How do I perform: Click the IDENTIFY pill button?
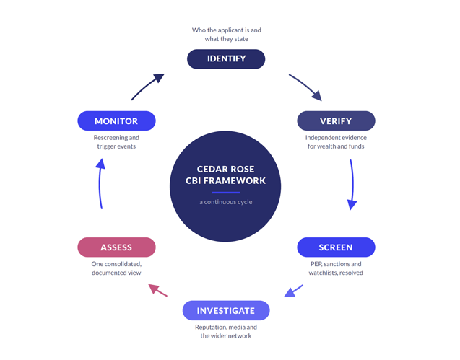pos(226,59)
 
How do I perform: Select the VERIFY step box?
pos(336,120)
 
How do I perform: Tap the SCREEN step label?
pos(336,247)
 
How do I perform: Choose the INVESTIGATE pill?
pos(226,310)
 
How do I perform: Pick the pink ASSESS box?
pos(116,247)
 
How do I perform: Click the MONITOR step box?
pos(116,120)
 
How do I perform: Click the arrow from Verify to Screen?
pos(352,185)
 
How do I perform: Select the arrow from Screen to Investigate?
pos(293,291)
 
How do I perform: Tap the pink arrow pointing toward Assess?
pos(158,290)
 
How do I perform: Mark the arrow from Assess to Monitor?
pos(100,183)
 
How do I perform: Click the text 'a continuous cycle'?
pos(226,202)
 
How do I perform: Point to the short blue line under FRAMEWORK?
pos(226,193)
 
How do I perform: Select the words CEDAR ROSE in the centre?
pos(225,169)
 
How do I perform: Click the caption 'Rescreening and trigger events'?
pos(116,142)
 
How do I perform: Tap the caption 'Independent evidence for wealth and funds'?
pos(336,142)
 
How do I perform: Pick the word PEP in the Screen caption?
pos(316,264)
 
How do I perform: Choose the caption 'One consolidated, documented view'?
pos(116,268)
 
